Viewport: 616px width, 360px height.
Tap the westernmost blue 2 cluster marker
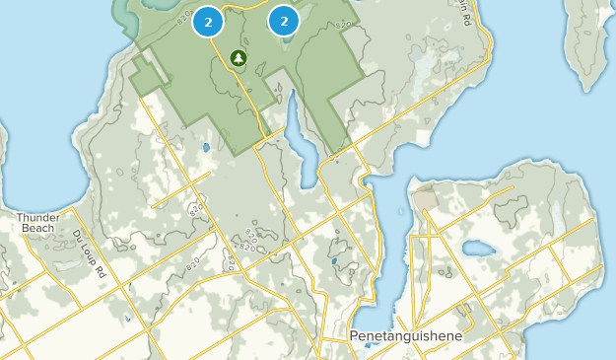click(208, 21)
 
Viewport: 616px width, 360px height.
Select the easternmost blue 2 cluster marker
click(284, 20)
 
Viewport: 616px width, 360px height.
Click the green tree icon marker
click(238, 58)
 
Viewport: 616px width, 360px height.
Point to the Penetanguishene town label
click(405, 336)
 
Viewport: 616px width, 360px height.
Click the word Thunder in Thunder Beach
click(38, 217)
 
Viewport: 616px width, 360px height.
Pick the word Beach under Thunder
click(38, 228)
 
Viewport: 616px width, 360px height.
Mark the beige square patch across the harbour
click(426, 198)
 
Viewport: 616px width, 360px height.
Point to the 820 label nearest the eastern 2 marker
click(343, 23)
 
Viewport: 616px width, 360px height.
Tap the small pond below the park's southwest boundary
click(205, 148)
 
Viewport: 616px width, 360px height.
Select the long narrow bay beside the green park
click(299, 137)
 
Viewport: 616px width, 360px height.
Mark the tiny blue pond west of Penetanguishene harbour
click(335, 262)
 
